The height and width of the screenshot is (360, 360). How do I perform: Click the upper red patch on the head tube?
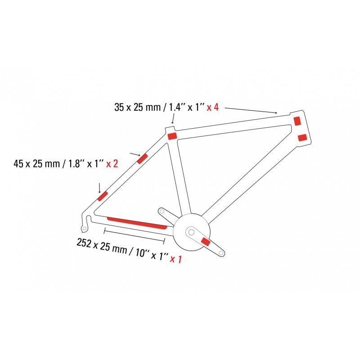[297, 121]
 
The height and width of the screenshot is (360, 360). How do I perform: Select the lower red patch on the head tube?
[302, 137]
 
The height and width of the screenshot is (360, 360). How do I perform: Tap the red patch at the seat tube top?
[172, 136]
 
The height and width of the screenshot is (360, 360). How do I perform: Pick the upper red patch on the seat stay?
[142, 159]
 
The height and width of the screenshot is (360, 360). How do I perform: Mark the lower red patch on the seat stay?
[103, 196]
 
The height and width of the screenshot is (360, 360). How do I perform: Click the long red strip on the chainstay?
[137, 222]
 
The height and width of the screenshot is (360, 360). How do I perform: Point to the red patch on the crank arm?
[206, 242]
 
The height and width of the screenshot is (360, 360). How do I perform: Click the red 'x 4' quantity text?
[212, 108]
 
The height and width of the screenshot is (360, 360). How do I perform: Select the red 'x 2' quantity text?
[112, 164]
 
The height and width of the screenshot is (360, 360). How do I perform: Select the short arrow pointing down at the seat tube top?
[173, 120]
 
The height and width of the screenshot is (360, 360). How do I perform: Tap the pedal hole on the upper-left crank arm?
[161, 210]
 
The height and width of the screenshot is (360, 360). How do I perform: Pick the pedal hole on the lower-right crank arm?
[220, 254]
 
